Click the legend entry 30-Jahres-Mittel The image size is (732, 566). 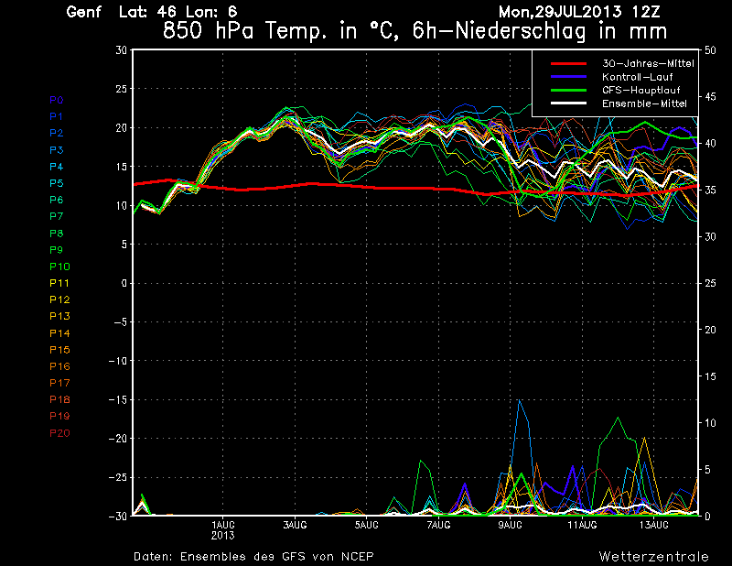coord(647,63)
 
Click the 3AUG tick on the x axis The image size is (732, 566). coord(294,525)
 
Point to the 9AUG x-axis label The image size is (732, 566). coord(510,525)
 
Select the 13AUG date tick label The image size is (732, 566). coord(653,525)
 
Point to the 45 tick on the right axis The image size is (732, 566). coord(707,96)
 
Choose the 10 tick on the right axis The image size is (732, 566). coord(707,422)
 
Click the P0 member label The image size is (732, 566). coord(57,100)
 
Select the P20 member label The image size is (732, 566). coord(59,432)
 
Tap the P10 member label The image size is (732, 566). coord(59,266)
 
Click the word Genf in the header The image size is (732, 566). coord(83,13)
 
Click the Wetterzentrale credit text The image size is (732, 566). coord(654,556)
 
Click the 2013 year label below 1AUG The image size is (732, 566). coord(222,535)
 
